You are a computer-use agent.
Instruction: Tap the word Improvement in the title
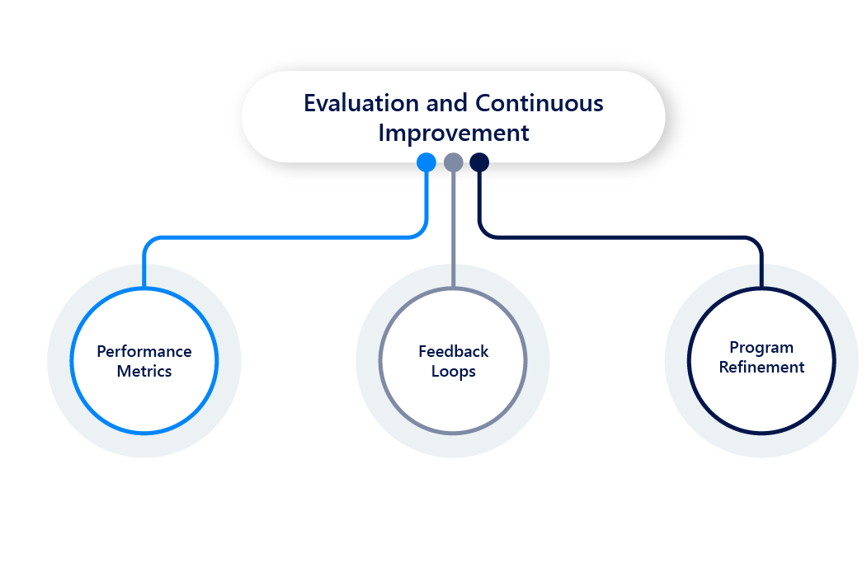click(453, 133)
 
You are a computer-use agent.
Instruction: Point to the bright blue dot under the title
click(426, 162)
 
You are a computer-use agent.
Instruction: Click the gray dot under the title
click(453, 162)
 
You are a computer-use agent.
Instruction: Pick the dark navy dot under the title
click(479, 162)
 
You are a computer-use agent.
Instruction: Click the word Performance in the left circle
click(144, 351)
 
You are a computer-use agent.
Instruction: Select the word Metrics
click(144, 371)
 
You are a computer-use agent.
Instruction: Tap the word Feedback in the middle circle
click(453, 351)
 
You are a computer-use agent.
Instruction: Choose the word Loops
click(453, 372)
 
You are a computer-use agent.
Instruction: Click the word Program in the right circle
click(761, 347)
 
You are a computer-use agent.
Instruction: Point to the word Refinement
click(761, 367)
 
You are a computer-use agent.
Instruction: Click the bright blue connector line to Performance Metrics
click(280, 238)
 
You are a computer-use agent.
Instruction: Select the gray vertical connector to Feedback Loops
click(453, 231)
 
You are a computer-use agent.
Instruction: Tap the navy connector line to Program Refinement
click(619, 238)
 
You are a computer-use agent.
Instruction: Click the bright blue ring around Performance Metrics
click(73, 361)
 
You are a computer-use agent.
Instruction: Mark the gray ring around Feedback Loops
click(381, 361)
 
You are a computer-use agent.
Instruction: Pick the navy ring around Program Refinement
click(690, 361)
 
